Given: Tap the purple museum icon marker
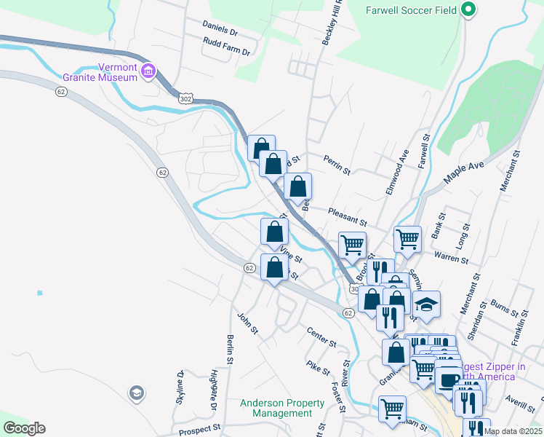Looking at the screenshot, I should [x=148, y=71].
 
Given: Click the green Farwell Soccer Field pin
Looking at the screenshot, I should [x=469, y=10].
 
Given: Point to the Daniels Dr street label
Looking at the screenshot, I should [x=220, y=33].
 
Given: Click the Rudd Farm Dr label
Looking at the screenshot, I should [x=227, y=52].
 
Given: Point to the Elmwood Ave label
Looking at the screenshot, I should [x=398, y=173].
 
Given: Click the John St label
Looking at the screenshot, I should [x=247, y=323].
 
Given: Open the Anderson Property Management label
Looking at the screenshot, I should [x=282, y=409].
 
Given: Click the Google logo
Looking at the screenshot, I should [x=24, y=428].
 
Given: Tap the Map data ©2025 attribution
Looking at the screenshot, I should [x=512, y=431].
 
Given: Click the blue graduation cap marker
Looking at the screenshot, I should [x=427, y=304].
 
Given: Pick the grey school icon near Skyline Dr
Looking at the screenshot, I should [x=136, y=394].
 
